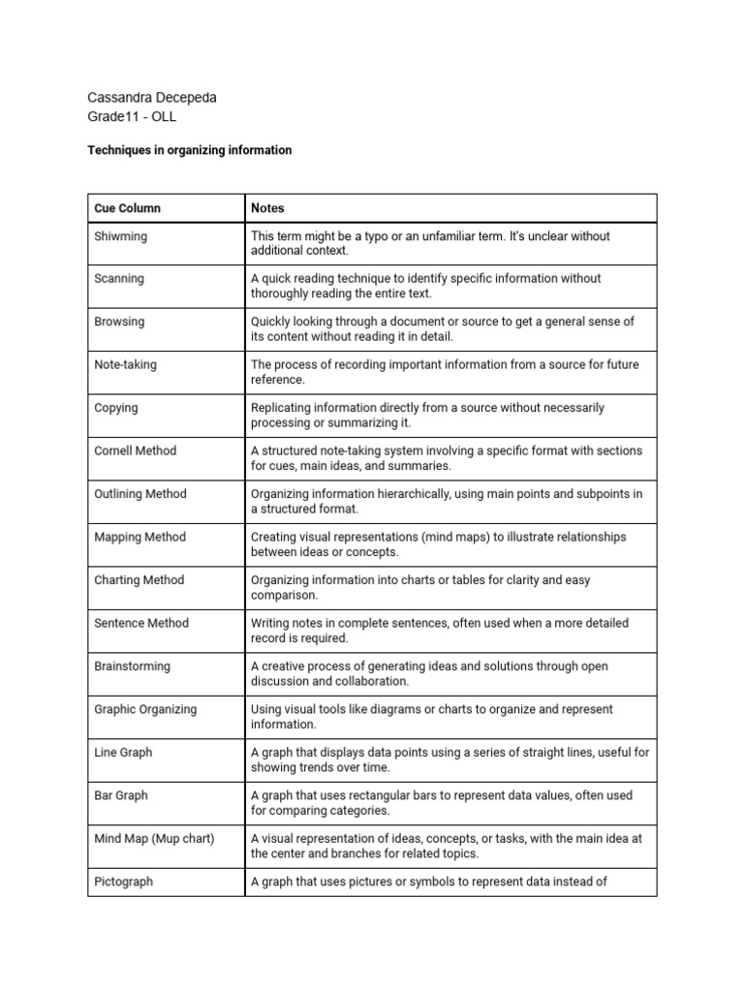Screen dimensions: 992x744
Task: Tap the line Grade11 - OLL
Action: click(x=132, y=117)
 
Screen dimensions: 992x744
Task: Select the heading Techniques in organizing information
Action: click(x=189, y=150)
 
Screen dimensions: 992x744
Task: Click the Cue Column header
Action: click(x=128, y=208)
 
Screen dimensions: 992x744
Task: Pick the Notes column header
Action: click(x=267, y=208)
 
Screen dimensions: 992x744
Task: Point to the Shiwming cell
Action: click(x=121, y=235)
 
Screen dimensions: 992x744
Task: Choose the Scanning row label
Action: click(x=119, y=279)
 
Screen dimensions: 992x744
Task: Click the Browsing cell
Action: click(x=119, y=322)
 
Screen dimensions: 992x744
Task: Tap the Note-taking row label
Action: click(x=125, y=365)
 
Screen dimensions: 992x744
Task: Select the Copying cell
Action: click(x=115, y=408)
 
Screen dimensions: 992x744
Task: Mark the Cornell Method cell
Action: click(x=136, y=450)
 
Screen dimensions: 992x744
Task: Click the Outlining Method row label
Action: click(x=139, y=494)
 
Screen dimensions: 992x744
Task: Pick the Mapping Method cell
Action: click(x=139, y=537)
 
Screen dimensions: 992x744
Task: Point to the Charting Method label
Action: click(x=139, y=580)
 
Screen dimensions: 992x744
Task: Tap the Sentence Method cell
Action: click(x=141, y=623)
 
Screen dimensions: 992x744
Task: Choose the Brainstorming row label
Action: click(x=132, y=666)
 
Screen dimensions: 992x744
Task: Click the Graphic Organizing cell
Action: click(x=145, y=709)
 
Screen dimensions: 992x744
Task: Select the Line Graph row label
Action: click(x=123, y=752)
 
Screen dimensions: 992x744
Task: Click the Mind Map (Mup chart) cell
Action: click(x=154, y=838)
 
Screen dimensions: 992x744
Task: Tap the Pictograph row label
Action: click(x=123, y=882)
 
